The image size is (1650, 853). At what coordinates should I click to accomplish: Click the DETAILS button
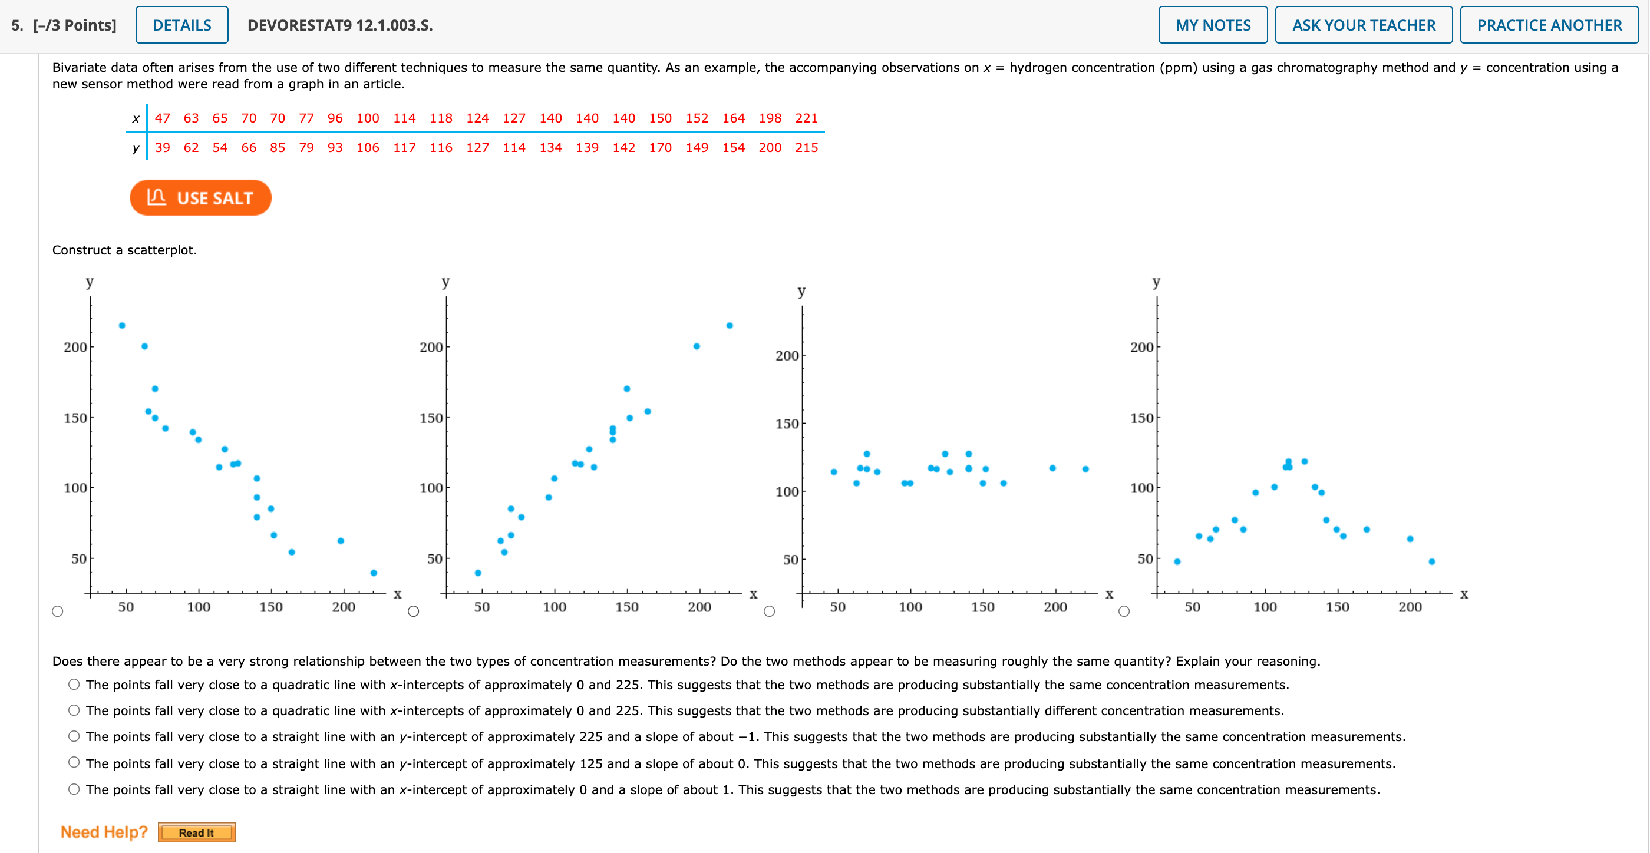tap(182, 25)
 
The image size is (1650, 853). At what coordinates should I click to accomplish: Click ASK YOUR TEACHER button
tap(1363, 25)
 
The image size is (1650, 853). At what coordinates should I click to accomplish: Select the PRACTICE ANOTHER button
tap(1549, 25)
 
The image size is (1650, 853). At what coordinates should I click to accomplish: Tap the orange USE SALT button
tap(200, 198)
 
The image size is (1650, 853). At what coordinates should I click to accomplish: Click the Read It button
tap(196, 832)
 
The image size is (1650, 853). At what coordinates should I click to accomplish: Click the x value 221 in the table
tap(806, 118)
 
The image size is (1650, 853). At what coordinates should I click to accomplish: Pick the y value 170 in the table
tap(660, 148)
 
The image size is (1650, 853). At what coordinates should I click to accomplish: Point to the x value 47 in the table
tap(162, 118)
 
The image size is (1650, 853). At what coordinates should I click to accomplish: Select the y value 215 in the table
tap(806, 148)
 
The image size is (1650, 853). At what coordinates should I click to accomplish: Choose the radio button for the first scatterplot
tap(58, 611)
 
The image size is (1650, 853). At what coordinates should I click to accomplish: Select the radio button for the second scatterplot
tap(414, 611)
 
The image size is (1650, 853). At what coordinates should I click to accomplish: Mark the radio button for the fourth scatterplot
tap(1124, 611)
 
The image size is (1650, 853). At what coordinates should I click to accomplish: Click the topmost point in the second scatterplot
tap(730, 325)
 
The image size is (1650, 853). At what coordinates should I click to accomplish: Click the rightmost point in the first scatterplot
tap(374, 573)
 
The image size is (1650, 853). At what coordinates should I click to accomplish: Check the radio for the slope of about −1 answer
tap(74, 736)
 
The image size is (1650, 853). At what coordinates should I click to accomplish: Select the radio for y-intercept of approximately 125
tap(74, 763)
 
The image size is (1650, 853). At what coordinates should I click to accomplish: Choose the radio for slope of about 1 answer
tap(74, 789)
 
